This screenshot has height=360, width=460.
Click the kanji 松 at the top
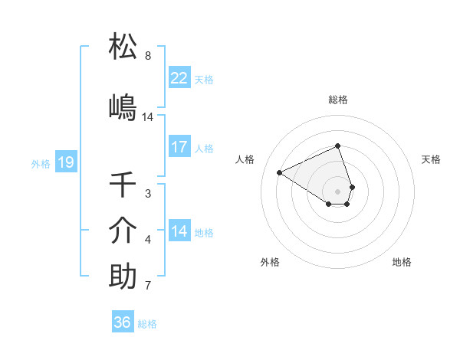pyautogui.click(x=123, y=47)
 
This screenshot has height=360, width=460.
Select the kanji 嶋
pyautogui.click(x=123, y=107)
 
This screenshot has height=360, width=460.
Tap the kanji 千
pyautogui.click(x=123, y=185)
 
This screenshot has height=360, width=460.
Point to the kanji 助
pyautogui.click(x=123, y=277)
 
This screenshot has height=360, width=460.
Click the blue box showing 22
pyautogui.click(x=179, y=78)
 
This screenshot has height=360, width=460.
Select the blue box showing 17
pyautogui.click(x=179, y=147)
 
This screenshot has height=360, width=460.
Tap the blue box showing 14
pyautogui.click(x=179, y=231)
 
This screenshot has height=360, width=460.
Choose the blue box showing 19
pyautogui.click(x=65, y=162)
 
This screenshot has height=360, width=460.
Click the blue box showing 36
pyautogui.click(x=123, y=322)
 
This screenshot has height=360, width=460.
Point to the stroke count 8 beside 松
pyautogui.click(x=148, y=56)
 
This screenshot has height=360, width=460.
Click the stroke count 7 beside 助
pyautogui.click(x=148, y=286)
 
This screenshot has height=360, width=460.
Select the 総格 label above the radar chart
pyautogui.click(x=338, y=100)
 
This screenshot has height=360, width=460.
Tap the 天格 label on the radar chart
pyautogui.click(x=432, y=159)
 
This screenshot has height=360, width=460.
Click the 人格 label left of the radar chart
pyautogui.click(x=245, y=159)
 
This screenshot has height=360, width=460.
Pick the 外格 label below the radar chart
pyautogui.click(x=270, y=262)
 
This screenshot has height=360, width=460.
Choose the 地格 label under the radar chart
pyautogui.click(x=402, y=262)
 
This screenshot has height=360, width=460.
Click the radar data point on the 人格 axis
pyautogui.click(x=279, y=172)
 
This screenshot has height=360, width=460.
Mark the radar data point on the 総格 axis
pyautogui.click(x=338, y=146)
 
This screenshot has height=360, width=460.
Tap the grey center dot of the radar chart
pyautogui.click(x=338, y=191)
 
